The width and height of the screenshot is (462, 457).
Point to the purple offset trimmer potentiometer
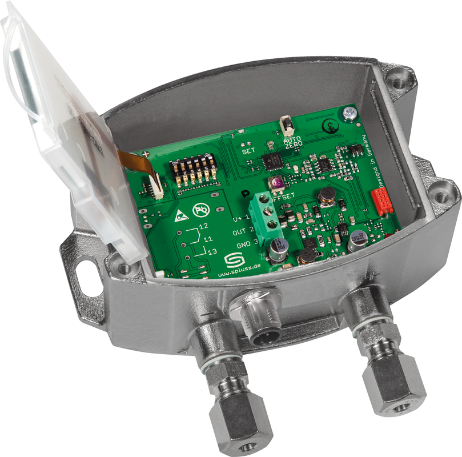click(277, 184)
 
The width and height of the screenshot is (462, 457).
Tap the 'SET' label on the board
click(248, 152)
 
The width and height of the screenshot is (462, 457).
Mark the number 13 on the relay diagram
click(212, 251)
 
